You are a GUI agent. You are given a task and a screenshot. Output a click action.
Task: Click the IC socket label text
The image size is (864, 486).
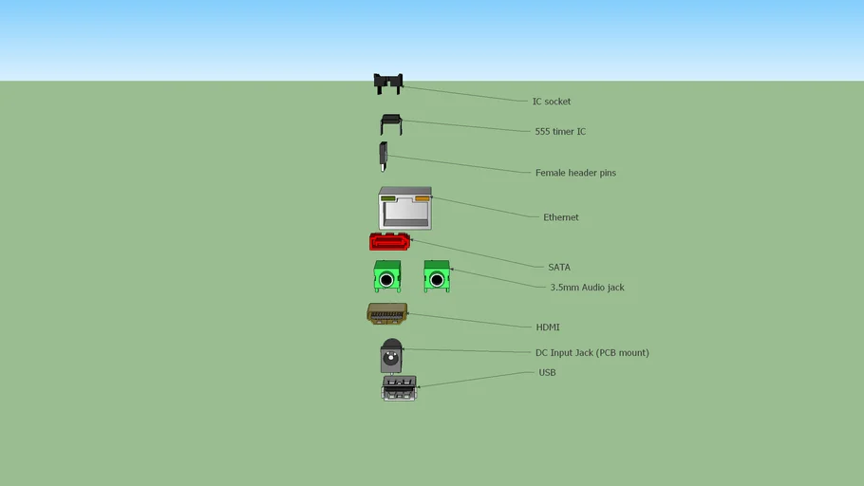point(551,102)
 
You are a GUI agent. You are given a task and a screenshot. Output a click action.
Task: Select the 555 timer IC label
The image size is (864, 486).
point(560,132)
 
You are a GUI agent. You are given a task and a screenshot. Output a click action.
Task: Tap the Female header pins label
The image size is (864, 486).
point(575,173)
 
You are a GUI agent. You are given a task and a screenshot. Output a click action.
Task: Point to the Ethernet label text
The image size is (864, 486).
point(560,217)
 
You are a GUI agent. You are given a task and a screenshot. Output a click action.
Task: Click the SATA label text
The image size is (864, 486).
point(558,268)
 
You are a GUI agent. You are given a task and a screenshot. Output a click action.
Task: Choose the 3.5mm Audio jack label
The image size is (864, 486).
point(587,288)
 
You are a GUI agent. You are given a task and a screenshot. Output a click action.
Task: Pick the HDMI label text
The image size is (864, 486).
point(548,327)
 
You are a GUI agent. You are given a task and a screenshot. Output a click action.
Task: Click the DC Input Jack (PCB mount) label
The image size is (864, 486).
point(592,353)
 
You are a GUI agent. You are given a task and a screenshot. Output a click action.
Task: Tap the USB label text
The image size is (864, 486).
point(547,373)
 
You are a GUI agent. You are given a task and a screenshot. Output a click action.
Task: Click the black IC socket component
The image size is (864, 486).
point(387,84)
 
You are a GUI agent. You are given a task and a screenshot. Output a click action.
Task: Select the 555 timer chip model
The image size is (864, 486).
point(390,123)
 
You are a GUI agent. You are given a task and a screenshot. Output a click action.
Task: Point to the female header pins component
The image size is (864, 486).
point(383,156)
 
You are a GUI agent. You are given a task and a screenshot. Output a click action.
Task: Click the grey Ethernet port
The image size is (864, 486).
point(405,210)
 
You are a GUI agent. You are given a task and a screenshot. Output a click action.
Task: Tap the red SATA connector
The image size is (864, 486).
point(389,242)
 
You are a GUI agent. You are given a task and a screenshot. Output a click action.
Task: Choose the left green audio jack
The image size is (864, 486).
point(386,276)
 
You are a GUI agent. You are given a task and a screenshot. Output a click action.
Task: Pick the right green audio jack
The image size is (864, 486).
point(437,276)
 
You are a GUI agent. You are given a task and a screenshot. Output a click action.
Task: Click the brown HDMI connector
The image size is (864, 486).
point(387,313)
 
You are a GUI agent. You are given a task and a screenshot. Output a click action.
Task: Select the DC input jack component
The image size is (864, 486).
point(390,356)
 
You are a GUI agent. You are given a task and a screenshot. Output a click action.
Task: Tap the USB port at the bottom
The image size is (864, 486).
point(399,387)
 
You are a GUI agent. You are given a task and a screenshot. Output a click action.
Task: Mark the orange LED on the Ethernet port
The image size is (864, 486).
point(422,199)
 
